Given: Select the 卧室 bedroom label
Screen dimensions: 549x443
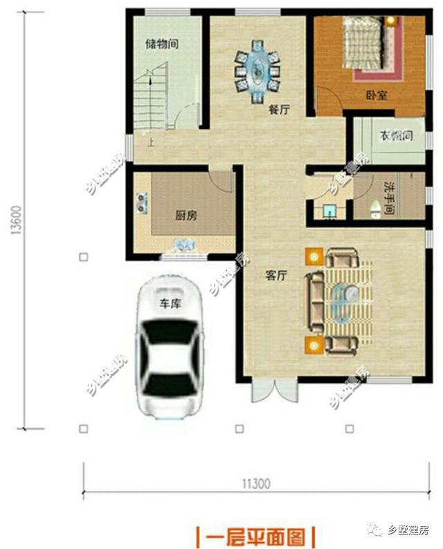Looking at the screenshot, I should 376,96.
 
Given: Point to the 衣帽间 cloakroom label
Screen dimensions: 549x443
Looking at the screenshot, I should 395,136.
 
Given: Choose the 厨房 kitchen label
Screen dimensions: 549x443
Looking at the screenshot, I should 186,215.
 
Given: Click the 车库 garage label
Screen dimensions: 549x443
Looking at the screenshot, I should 171,303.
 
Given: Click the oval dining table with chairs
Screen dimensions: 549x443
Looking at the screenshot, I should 257,69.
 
